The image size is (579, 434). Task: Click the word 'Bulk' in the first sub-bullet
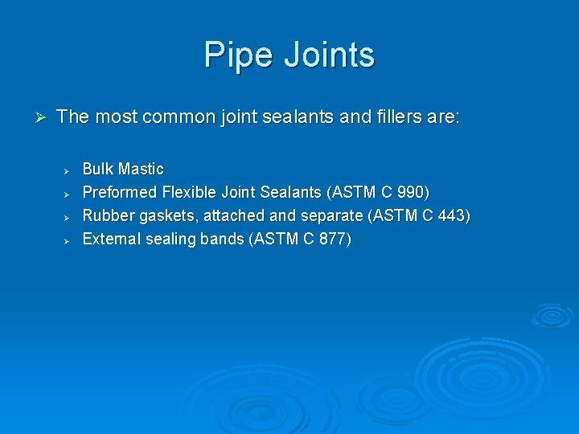click(x=98, y=170)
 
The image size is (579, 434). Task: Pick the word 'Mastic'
click(x=141, y=170)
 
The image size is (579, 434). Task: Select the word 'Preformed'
click(x=120, y=193)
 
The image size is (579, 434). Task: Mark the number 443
click(x=454, y=216)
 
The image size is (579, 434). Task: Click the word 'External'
click(x=112, y=240)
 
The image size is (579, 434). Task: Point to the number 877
click(x=334, y=240)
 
